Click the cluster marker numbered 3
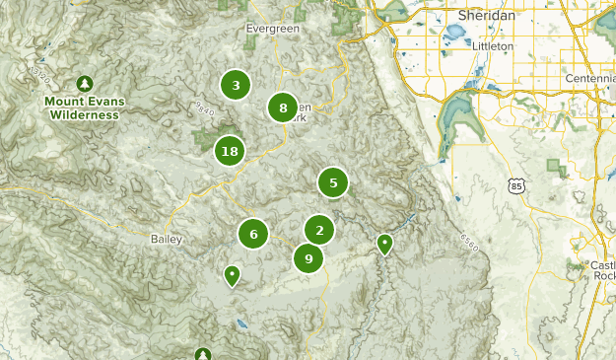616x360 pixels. (236, 85)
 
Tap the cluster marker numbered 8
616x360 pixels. (283, 108)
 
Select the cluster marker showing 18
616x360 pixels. (230, 151)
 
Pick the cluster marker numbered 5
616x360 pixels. (333, 182)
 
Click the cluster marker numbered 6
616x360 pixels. (253, 234)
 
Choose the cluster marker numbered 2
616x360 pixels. (319, 231)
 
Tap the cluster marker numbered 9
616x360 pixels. (308, 258)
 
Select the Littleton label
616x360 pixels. (494, 45)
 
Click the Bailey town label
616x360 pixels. (167, 239)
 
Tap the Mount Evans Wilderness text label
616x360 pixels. (81, 108)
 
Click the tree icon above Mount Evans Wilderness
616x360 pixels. (85, 83)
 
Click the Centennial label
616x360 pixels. (589, 78)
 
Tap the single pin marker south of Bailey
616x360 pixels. (232, 274)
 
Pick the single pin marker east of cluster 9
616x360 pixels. (384, 243)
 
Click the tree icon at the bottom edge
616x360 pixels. (203, 353)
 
